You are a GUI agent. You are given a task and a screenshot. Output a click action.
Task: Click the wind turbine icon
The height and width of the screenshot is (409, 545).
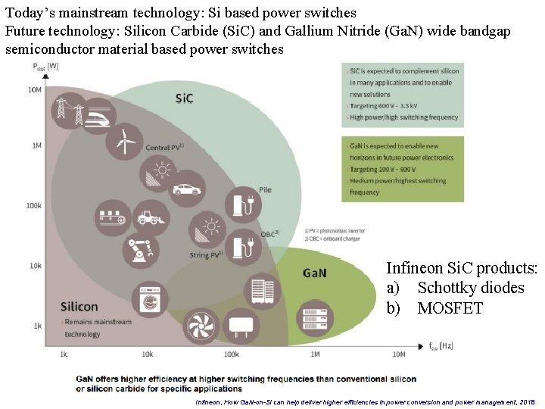coord(123,140)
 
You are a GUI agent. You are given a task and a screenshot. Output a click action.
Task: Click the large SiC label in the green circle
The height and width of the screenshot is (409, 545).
coord(185,98)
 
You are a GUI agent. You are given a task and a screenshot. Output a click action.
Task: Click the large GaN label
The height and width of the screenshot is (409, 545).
coord(314,272)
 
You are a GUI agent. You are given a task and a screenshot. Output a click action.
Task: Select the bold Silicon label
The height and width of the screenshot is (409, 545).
coord(79,307)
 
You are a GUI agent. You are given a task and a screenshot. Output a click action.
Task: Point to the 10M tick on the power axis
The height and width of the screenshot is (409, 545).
coord(35,90)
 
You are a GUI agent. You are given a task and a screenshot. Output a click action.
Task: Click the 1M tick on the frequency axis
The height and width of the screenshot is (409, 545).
coord(314,354)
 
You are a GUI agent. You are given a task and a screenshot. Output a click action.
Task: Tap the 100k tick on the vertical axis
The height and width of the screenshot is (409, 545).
coord(33,205)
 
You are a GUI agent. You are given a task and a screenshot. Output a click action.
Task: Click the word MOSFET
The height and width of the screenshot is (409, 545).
coord(450,308)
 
